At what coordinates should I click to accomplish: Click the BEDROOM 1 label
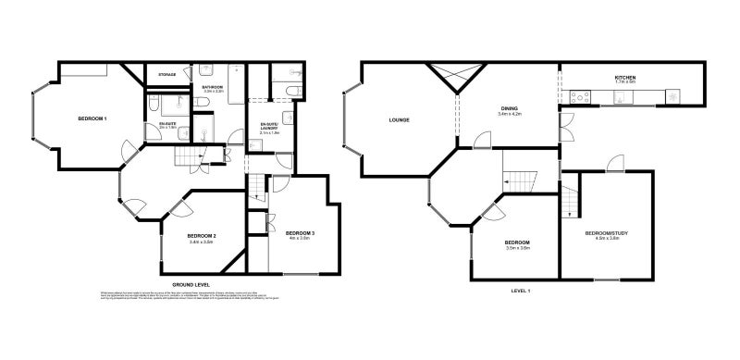(x=92, y=119)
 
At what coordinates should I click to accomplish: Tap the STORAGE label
(x=166, y=74)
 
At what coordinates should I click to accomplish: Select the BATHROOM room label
(x=215, y=87)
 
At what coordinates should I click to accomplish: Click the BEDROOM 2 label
(x=202, y=236)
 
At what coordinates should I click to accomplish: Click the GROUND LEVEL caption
(x=191, y=284)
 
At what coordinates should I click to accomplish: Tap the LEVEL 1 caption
(x=520, y=291)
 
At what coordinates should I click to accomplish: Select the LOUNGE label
(x=400, y=119)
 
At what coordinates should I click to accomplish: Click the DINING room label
(x=510, y=108)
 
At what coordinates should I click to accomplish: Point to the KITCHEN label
(x=626, y=77)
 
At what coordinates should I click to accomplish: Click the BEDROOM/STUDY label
(x=607, y=232)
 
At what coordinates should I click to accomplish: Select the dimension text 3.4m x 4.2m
(x=510, y=115)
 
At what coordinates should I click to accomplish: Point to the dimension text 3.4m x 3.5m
(x=202, y=242)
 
